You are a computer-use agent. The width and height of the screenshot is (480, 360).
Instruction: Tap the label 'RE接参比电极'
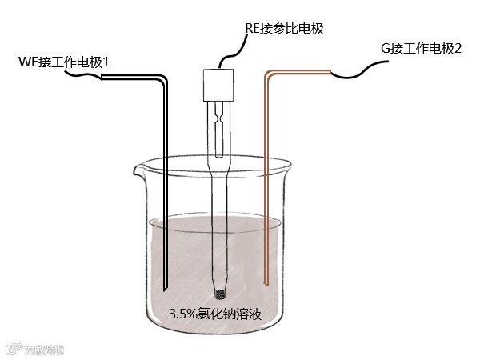coord(288,29)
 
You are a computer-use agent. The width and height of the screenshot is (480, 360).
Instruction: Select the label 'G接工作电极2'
coord(422,49)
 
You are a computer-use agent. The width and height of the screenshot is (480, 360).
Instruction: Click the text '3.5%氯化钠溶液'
coord(215,314)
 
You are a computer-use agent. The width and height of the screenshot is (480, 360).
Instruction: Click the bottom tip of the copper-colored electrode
coord(266,282)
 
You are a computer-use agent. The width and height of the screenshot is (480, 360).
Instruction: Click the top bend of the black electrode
coord(162,81)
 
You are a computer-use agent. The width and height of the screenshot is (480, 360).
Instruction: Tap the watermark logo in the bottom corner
coord(36,349)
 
